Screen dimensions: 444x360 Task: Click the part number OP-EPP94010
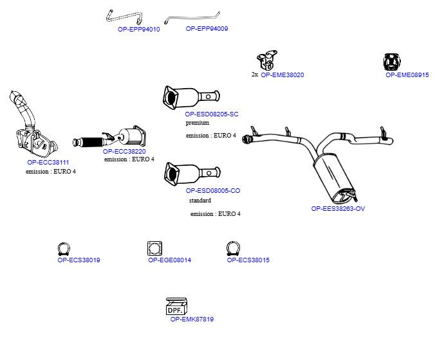pyautogui.click(x=139, y=29)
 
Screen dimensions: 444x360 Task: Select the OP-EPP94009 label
pyautogui.click(x=207, y=28)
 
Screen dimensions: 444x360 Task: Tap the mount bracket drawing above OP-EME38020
pyautogui.click(x=267, y=60)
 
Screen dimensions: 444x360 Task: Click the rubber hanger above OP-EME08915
pyautogui.click(x=392, y=62)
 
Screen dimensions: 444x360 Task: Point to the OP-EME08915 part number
pyautogui.click(x=407, y=75)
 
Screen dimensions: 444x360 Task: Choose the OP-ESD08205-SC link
pyautogui.click(x=212, y=114)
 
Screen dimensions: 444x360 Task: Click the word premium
pyautogui.click(x=198, y=123)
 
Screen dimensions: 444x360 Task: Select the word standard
pyautogui.click(x=200, y=201)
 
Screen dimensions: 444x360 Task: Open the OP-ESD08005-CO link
pyautogui.click(x=213, y=190)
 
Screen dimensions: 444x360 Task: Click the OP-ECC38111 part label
pyautogui.click(x=48, y=163)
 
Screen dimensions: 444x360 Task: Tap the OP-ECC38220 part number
pyautogui.click(x=124, y=151)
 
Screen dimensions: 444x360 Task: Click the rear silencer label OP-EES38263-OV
pyautogui.click(x=338, y=209)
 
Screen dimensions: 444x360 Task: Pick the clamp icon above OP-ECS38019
pyautogui.click(x=64, y=249)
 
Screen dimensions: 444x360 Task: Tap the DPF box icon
pyautogui.click(x=176, y=306)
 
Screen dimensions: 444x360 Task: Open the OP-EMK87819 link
pyautogui.click(x=192, y=319)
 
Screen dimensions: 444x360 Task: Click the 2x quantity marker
pyautogui.click(x=255, y=75)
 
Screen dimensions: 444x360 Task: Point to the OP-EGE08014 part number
pyautogui.click(x=170, y=260)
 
